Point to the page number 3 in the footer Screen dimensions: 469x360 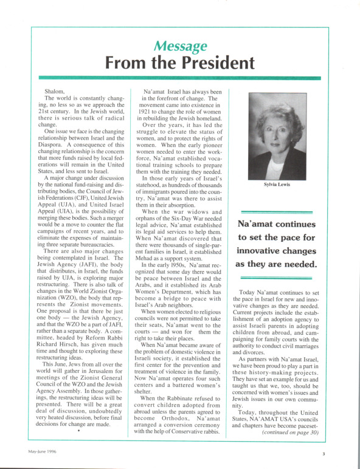coord(324,453)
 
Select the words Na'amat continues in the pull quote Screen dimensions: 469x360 coord(277,223)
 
